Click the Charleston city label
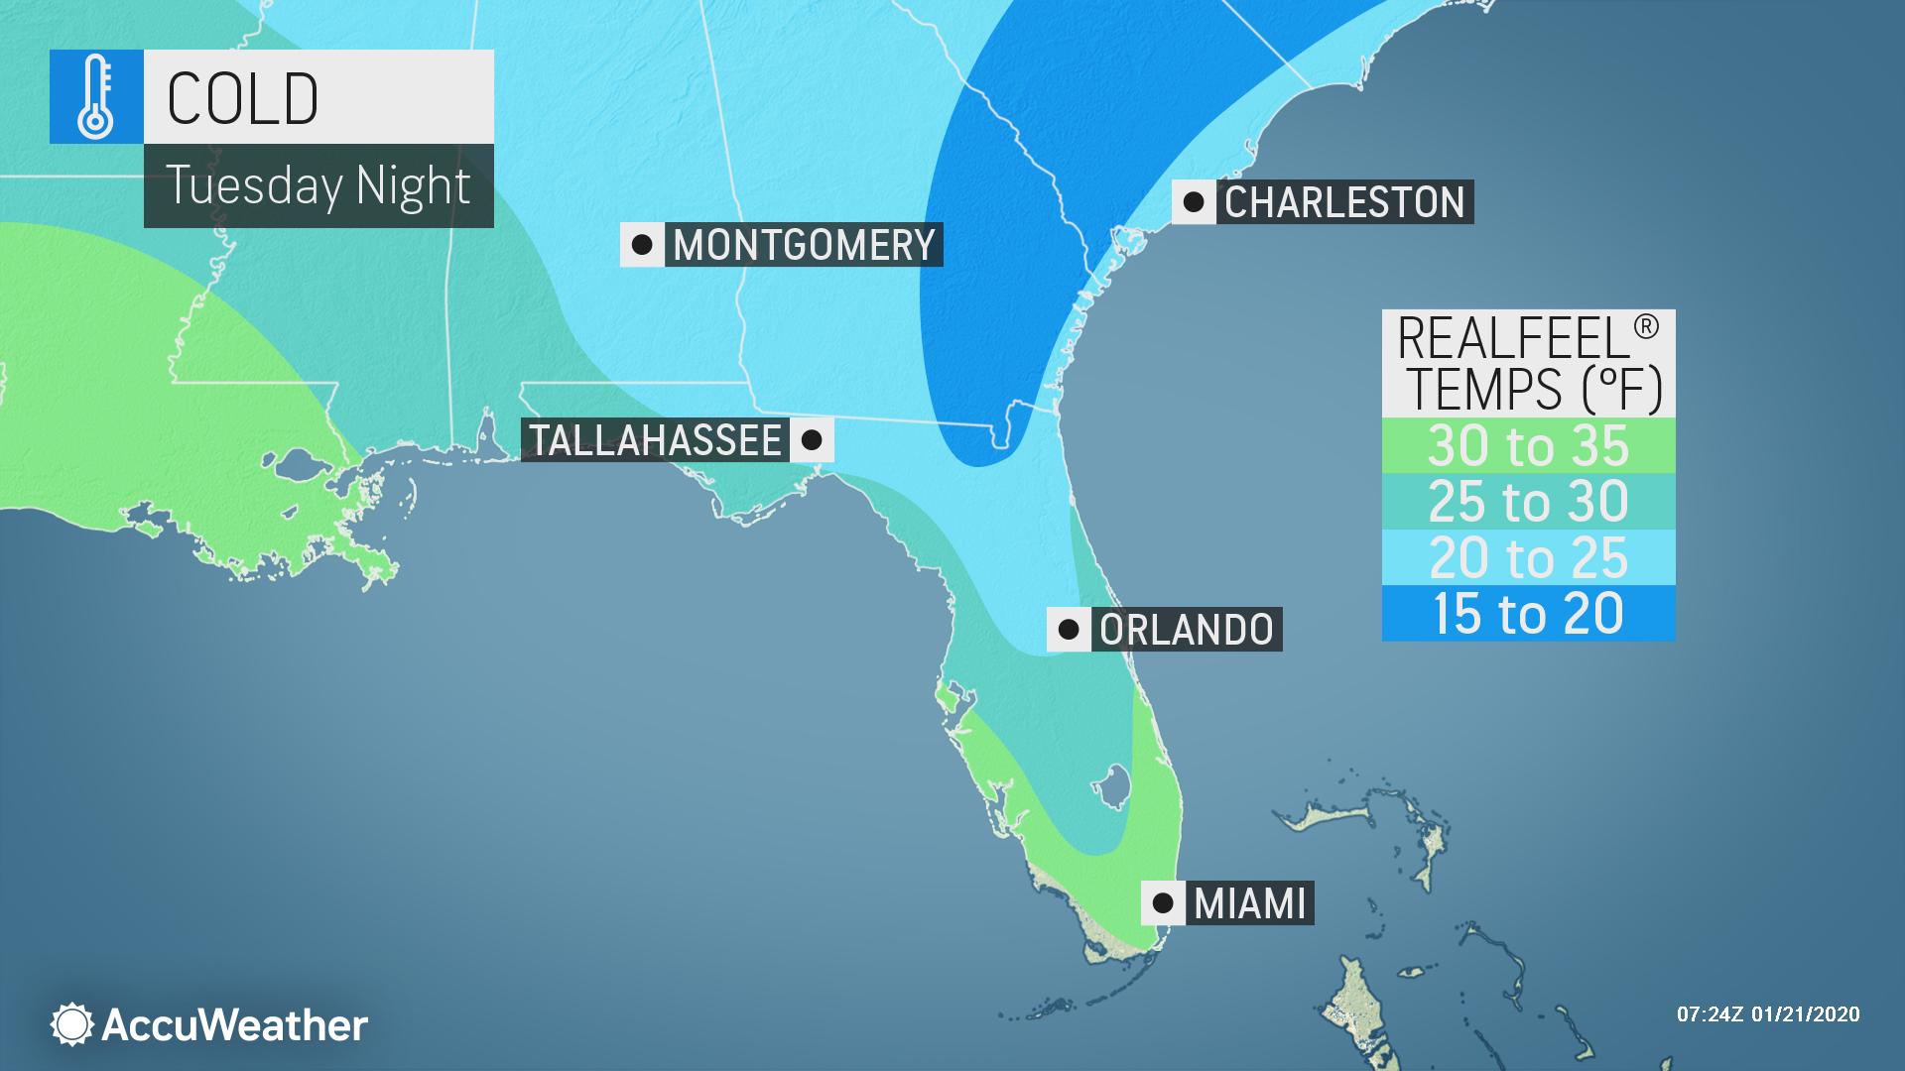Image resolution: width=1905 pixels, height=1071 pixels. pos(1344,202)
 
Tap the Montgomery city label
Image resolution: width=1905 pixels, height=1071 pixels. pos(804,245)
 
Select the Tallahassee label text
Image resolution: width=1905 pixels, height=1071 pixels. pos(656,440)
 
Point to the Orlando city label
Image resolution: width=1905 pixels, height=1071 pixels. pos(1187,630)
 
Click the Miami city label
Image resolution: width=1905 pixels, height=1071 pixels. pos(1250,903)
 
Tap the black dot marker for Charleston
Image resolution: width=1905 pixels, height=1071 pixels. pos(1195,202)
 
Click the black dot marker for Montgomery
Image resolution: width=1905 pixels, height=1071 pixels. pos(642,245)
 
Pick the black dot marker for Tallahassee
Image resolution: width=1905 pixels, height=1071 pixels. pos(812,440)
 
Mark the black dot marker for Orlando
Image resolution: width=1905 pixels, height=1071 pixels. pos(1069,630)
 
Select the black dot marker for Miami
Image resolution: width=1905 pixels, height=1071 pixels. pos(1163,903)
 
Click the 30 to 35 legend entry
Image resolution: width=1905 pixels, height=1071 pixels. pos(1528,445)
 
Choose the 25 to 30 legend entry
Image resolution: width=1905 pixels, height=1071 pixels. pos(1528,501)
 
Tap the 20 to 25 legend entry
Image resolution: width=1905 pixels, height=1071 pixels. pos(1528,557)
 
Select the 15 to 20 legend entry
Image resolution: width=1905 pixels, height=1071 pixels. pos(1528,613)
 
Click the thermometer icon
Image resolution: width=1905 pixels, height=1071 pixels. pos(96,97)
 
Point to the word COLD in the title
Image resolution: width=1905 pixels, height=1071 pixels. pos(242,98)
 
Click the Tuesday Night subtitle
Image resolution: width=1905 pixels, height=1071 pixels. pos(317,185)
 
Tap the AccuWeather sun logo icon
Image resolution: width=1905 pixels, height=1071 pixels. pos(72,1024)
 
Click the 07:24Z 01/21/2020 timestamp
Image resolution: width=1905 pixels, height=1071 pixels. pos(1768,1014)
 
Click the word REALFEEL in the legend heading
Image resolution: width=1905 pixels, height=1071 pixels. pos(1513,340)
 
